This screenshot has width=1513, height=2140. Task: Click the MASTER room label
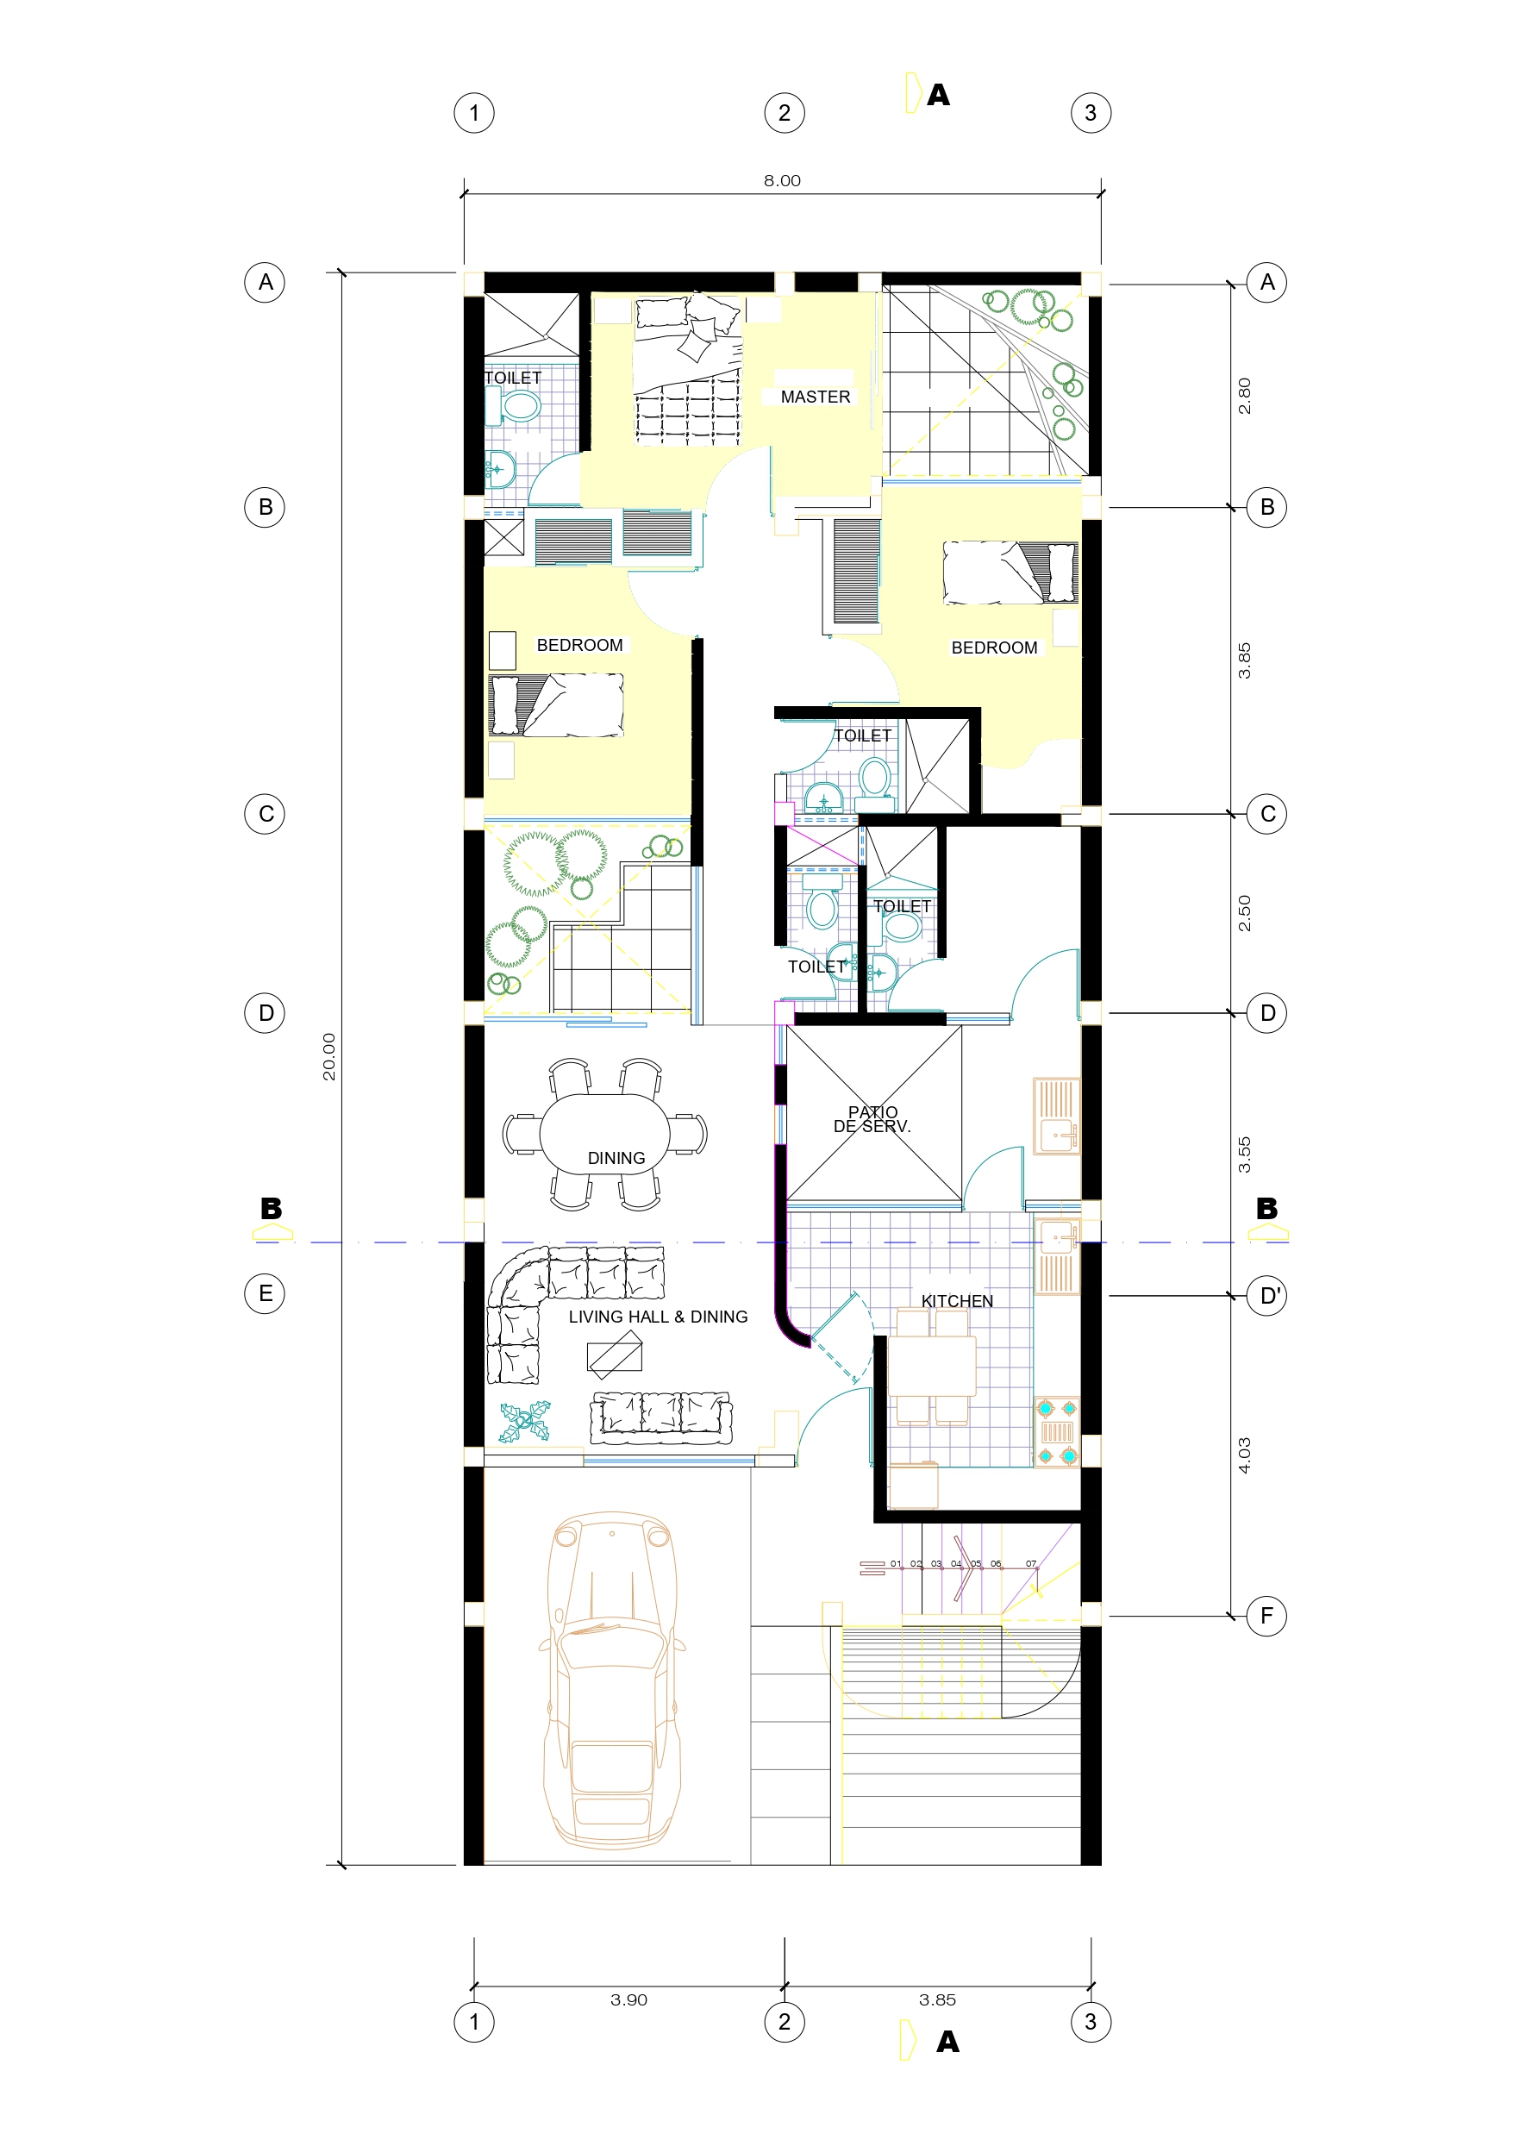[815, 397]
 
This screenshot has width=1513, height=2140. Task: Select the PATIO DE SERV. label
[872, 1119]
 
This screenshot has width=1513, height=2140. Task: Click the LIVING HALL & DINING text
[658, 1317]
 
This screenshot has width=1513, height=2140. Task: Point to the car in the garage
[611, 1681]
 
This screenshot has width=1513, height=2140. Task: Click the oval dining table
[605, 1134]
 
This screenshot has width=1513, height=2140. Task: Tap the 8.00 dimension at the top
[782, 181]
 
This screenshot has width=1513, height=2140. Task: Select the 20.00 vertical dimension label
[329, 1057]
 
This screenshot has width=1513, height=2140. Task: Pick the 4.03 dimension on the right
[1245, 1455]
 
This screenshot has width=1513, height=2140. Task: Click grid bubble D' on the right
[1267, 1296]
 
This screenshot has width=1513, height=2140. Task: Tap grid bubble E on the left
[265, 1293]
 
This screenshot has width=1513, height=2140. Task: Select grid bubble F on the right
[1267, 1615]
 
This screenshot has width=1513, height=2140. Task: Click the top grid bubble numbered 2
[784, 113]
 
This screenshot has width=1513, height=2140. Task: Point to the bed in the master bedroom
[688, 370]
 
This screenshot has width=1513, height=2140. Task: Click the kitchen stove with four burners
[1057, 1431]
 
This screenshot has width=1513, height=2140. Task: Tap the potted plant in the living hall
[525, 1423]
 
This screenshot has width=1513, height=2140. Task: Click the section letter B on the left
[272, 1208]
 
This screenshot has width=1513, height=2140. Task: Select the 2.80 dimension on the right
[1245, 396]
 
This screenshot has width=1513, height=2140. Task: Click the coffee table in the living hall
[616, 1355]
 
